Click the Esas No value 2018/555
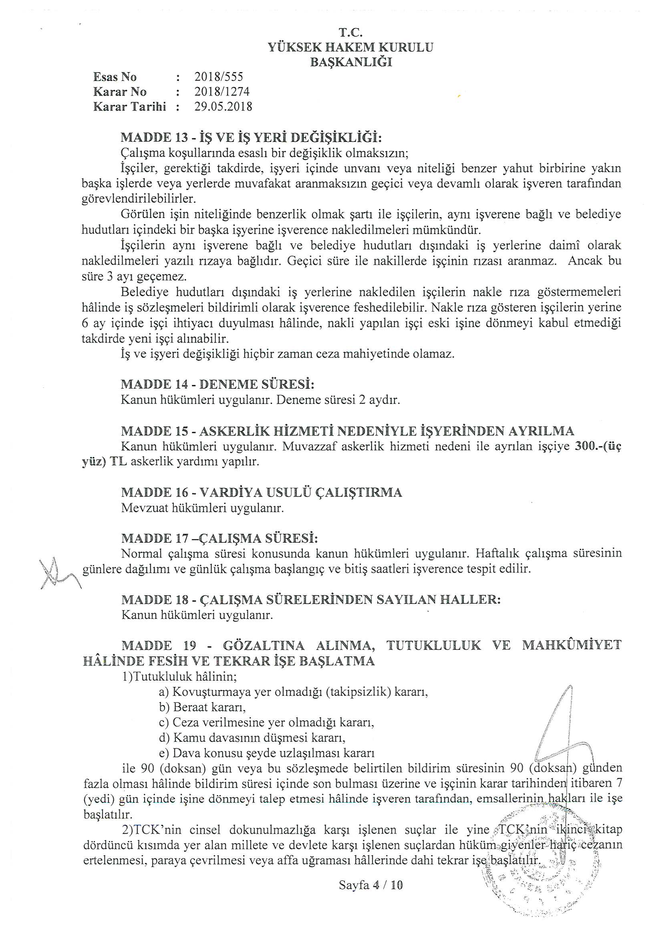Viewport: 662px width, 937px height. (x=219, y=77)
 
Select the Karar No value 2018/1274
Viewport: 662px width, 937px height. (x=222, y=91)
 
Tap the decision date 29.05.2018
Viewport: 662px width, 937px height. (x=223, y=107)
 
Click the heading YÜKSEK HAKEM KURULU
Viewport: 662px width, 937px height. (x=350, y=47)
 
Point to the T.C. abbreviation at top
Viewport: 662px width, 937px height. (x=350, y=32)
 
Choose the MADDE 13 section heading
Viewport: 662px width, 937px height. (x=251, y=137)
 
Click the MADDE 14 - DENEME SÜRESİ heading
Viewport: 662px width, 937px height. (x=217, y=384)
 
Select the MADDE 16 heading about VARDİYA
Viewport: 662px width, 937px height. (x=262, y=493)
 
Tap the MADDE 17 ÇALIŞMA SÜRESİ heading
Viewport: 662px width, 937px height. (x=219, y=538)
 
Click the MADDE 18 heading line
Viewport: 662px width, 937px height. (x=311, y=600)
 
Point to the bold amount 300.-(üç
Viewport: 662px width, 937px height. (x=598, y=446)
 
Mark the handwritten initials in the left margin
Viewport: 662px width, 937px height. (x=57, y=572)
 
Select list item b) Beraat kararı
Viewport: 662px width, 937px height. (x=202, y=707)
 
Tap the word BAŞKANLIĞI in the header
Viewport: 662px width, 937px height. (x=351, y=62)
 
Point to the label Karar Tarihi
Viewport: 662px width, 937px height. (x=129, y=107)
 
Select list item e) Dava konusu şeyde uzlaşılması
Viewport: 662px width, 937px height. (x=267, y=753)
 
